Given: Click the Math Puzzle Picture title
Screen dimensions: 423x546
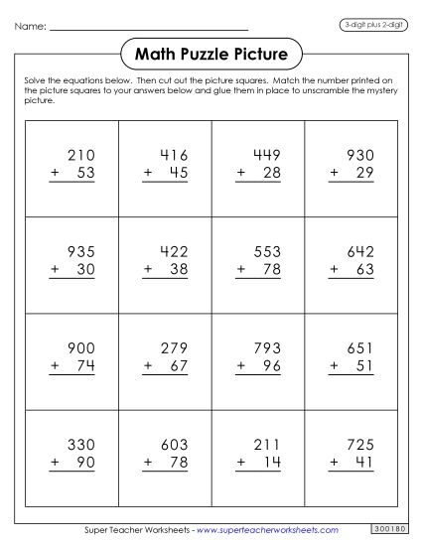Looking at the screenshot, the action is pos(211,53).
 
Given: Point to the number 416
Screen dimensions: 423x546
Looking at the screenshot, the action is pos(174,155).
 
